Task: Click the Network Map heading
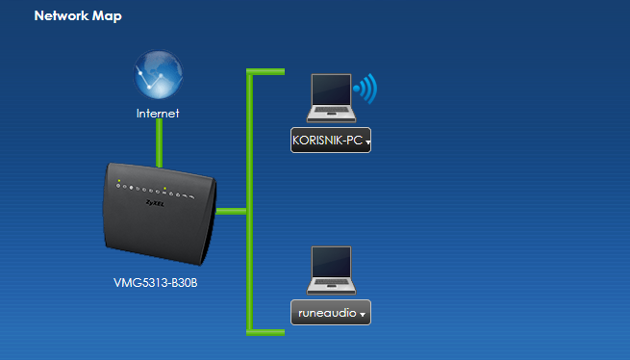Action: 78,15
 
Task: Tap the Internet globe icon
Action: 158,74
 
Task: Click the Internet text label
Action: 158,114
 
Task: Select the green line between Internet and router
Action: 159,143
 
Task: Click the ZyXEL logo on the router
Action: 155,203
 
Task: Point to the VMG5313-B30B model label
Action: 156,283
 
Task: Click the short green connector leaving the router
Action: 232,211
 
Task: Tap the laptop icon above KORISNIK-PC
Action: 331,98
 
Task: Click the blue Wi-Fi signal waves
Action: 365,89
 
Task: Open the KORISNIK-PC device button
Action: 331,140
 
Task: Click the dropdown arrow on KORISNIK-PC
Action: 367,142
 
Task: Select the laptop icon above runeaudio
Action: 331,270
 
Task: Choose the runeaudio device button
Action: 331,313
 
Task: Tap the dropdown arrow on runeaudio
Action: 363,315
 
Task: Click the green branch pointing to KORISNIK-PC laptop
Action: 265,71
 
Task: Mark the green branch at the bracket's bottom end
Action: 265,332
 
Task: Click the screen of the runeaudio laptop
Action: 332,262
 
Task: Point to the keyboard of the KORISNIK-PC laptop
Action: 331,109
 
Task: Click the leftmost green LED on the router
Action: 119,181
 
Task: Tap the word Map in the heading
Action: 107,16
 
